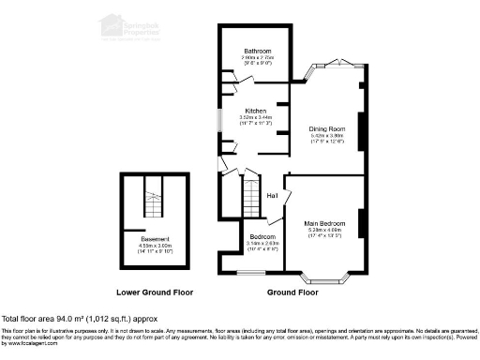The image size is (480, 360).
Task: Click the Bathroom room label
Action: (258, 50)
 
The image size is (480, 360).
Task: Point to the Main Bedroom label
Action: (325, 222)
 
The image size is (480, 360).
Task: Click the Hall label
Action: (272, 196)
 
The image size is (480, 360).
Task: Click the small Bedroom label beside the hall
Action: (262, 236)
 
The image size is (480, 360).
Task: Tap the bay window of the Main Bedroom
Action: (326, 277)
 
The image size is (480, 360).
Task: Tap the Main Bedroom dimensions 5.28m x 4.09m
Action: (325, 230)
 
